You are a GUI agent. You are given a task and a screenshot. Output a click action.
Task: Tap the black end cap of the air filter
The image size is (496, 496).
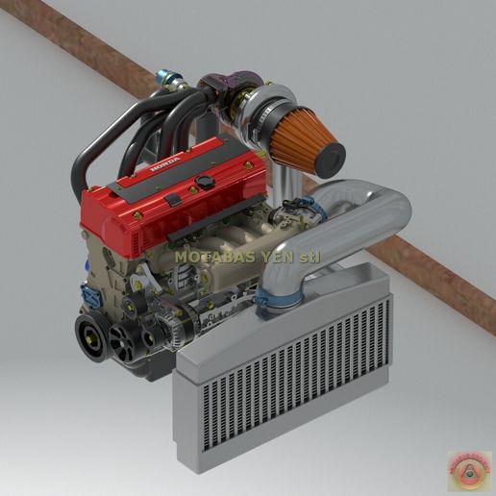pos(330,156)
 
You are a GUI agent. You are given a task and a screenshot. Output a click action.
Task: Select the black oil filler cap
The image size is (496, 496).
pos(205,182)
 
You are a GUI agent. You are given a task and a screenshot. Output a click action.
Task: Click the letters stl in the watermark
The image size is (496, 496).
pos(307,257)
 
